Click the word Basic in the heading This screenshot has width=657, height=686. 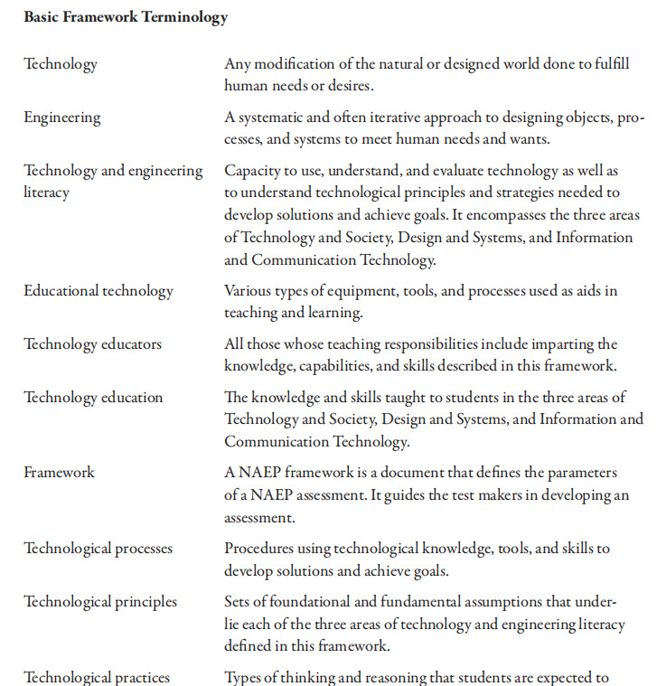[x=41, y=17]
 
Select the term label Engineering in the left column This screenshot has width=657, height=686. [x=62, y=117]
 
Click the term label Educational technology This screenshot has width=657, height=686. [x=99, y=291]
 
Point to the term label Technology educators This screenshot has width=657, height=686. [x=93, y=343]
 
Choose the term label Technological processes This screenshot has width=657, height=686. [x=98, y=549]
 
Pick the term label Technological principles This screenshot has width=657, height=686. [x=100, y=601]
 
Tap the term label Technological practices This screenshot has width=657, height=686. [x=97, y=677]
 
